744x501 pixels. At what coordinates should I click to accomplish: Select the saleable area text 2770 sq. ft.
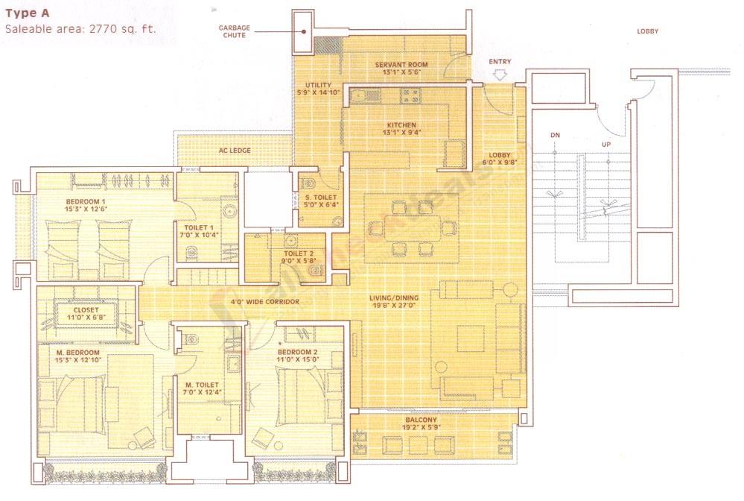(81, 30)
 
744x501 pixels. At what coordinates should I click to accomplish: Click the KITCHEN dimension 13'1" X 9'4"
(401, 134)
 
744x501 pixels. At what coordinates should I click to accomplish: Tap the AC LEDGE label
(235, 151)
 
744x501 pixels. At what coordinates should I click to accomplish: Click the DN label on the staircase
(555, 136)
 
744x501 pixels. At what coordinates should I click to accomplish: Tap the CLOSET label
(86, 311)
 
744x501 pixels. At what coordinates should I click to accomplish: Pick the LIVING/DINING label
(394, 297)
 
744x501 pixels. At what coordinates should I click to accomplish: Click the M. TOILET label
(200, 385)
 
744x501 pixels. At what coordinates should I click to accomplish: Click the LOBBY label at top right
(647, 31)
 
